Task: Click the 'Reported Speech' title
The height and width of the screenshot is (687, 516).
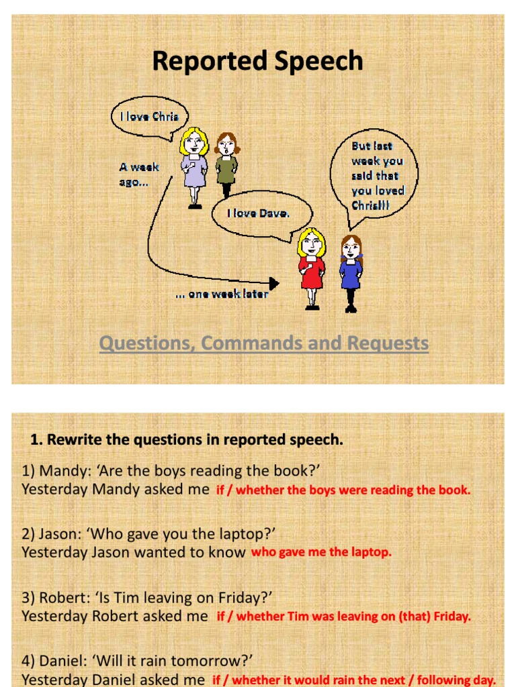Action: (x=257, y=61)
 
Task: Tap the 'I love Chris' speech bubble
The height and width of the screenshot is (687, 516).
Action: (x=149, y=117)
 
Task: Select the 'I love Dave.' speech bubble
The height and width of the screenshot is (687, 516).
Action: (x=259, y=214)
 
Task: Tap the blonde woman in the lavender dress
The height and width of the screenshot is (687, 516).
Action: (x=194, y=166)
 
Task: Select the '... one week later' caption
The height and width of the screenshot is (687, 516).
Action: (x=222, y=294)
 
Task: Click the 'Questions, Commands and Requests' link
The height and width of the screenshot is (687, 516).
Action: (x=263, y=343)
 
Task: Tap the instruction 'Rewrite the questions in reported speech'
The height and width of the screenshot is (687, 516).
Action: (x=187, y=440)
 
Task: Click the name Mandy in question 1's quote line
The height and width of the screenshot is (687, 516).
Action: (x=60, y=470)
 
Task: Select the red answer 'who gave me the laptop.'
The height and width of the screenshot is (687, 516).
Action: (x=320, y=552)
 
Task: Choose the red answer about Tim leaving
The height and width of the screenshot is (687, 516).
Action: (x=343, y=617)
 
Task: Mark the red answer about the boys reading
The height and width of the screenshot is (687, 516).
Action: (x=343, y=490)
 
